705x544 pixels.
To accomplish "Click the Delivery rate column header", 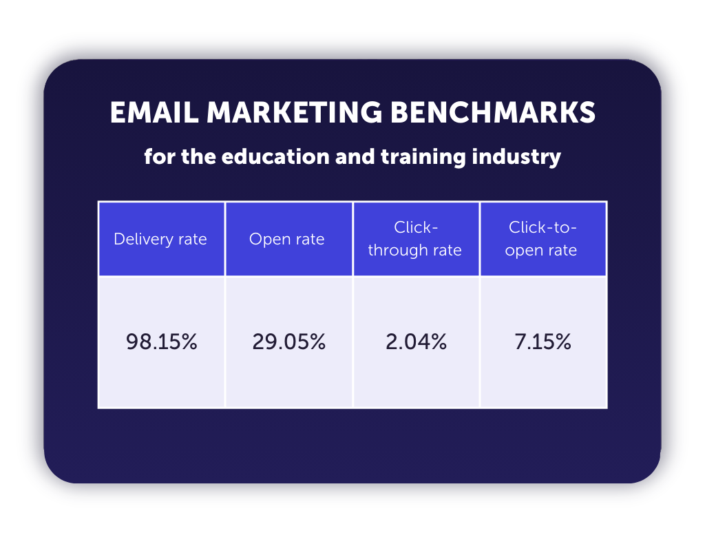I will [x=160, y=239].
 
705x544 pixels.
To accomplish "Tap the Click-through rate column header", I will [x=414, y=238].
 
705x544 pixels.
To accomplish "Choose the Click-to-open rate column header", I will [x=541, y=238].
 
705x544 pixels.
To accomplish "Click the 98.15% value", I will [x=161, y=342].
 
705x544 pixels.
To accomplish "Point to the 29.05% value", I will [x=288, y=342].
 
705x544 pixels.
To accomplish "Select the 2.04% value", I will [x=416, y=342].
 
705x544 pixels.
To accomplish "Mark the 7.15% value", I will [x=543, y=342].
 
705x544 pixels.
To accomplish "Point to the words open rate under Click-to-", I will [x=541, y=249].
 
